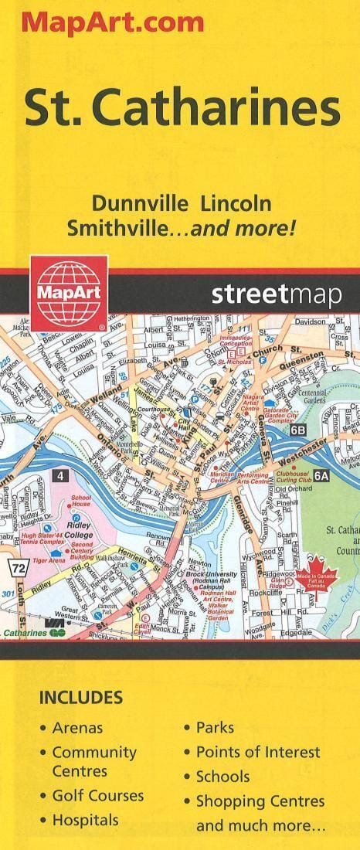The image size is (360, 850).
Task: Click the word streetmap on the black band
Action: click(274, 294)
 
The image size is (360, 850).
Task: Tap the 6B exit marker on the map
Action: click(298, 429)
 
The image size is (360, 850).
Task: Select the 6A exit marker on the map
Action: click(321, 476)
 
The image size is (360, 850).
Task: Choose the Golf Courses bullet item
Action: click(97, 795)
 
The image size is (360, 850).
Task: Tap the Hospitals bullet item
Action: click(85, 820)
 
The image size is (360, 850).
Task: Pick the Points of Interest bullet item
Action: click(258, 752)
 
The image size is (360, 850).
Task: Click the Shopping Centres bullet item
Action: click(260, 801)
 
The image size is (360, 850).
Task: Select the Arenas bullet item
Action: click(77, 727)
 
